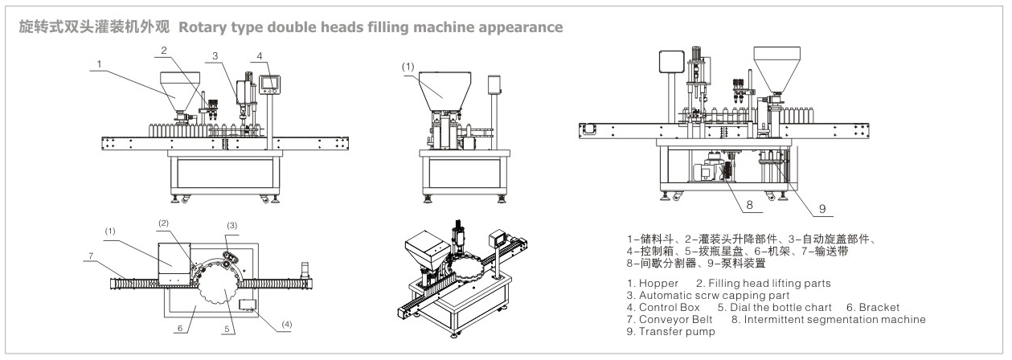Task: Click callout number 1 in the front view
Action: (99, 63)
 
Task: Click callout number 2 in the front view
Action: (163, 50)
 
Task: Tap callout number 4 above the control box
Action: (260, 55)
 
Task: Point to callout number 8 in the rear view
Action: (748, 205)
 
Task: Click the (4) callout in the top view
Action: (288, 325)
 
